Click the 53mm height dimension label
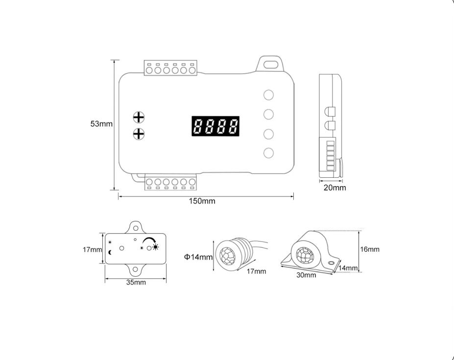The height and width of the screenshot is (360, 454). pyautogui.click(x=101, y=123)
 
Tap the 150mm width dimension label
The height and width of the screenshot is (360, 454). pyautogui.click(x=202, y=201)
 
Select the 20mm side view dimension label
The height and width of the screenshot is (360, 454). pyautogui.click(x=335, y=188)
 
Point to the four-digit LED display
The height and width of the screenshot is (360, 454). pyautogui.click(x=215, y=126)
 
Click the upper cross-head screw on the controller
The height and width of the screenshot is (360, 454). pyautogui.click(x=139, y=117)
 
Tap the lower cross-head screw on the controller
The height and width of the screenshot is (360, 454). pyautogui.click(x=139, y=134)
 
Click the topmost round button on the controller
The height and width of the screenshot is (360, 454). pyautogui.click(x=268, y=95)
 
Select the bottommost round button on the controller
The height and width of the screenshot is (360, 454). pyautogui.click(x=268, y=153)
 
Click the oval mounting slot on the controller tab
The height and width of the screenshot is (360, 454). pyautogui.click(x=270, y=64)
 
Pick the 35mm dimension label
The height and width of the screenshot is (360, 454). pyautogui.click(x=136, y=283)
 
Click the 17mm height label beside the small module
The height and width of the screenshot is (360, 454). pyautogui.click(x=93, y=249)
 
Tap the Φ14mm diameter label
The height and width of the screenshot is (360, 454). pyautogui.click(x=198, y=257)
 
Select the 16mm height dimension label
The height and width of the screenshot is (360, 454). pyautogui.click(x=370, y=249)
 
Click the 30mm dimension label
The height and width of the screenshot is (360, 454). pyautogui.click(x=306, y=275)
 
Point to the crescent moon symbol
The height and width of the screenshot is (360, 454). pyautogui.click(x=110, y=252)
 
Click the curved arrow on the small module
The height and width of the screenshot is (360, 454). pyautogui.click(x=149, y=240)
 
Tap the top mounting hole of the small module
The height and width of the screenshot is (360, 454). pyautogui.click(x=136, y=228)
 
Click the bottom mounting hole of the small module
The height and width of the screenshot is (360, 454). pyautogui.click(x=135, y=269)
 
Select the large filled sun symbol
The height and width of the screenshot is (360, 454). pyautogui.click(x=156, y=247)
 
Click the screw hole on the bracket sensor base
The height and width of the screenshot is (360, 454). pyautogui.click(x=331, y=263)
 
